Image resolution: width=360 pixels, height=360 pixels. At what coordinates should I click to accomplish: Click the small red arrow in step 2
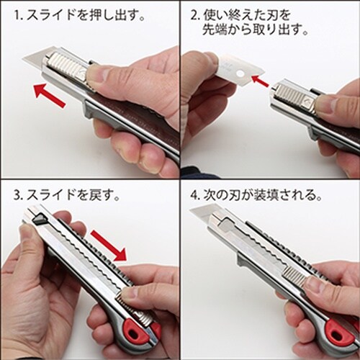click(x=260, y=81)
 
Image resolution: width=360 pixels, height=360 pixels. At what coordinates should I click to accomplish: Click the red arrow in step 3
click(x=109, y=246)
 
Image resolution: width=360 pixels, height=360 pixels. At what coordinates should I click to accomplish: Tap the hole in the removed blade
click(x=240, y=73)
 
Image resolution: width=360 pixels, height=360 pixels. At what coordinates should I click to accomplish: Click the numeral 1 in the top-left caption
click(x=17, y=17)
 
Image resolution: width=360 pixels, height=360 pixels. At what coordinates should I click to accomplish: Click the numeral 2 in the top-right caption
click(x=194, y=17)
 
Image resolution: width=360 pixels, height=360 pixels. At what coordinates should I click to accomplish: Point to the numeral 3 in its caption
click(x=17, y=195)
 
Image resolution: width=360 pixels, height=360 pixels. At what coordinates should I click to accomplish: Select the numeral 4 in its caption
click(x=194, y=195)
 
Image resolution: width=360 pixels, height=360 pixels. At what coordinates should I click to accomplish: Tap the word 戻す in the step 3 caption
click(x=100, y=195)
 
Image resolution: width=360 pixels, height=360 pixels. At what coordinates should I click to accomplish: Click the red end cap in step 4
click(x=339, y=334)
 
